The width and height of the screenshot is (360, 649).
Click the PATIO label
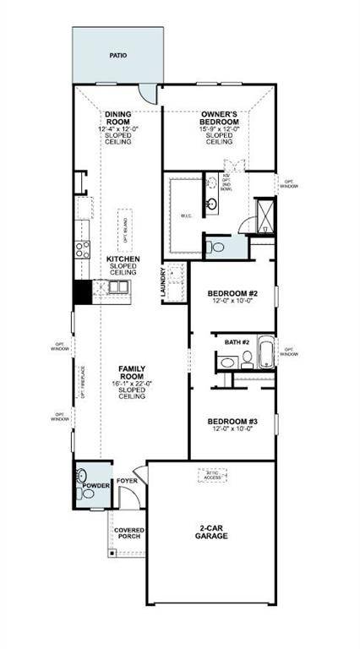pos(117,55)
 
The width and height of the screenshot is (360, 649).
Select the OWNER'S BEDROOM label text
pos(220,119)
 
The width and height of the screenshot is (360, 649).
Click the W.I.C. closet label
pos(187,215)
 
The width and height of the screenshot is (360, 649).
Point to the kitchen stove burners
pos(83,248)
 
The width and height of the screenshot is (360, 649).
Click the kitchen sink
pos(117,289)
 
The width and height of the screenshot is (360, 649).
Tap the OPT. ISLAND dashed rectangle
pos(124,228)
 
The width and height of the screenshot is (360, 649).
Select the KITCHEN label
pos(123,259)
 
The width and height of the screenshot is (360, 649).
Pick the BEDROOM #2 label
pos(232,294)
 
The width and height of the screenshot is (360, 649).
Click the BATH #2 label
pos(237,342)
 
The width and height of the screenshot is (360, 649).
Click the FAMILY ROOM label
pos(130,374)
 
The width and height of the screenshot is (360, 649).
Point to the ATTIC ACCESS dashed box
pos(213,476)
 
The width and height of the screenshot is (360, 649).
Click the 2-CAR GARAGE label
pos(212,532)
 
